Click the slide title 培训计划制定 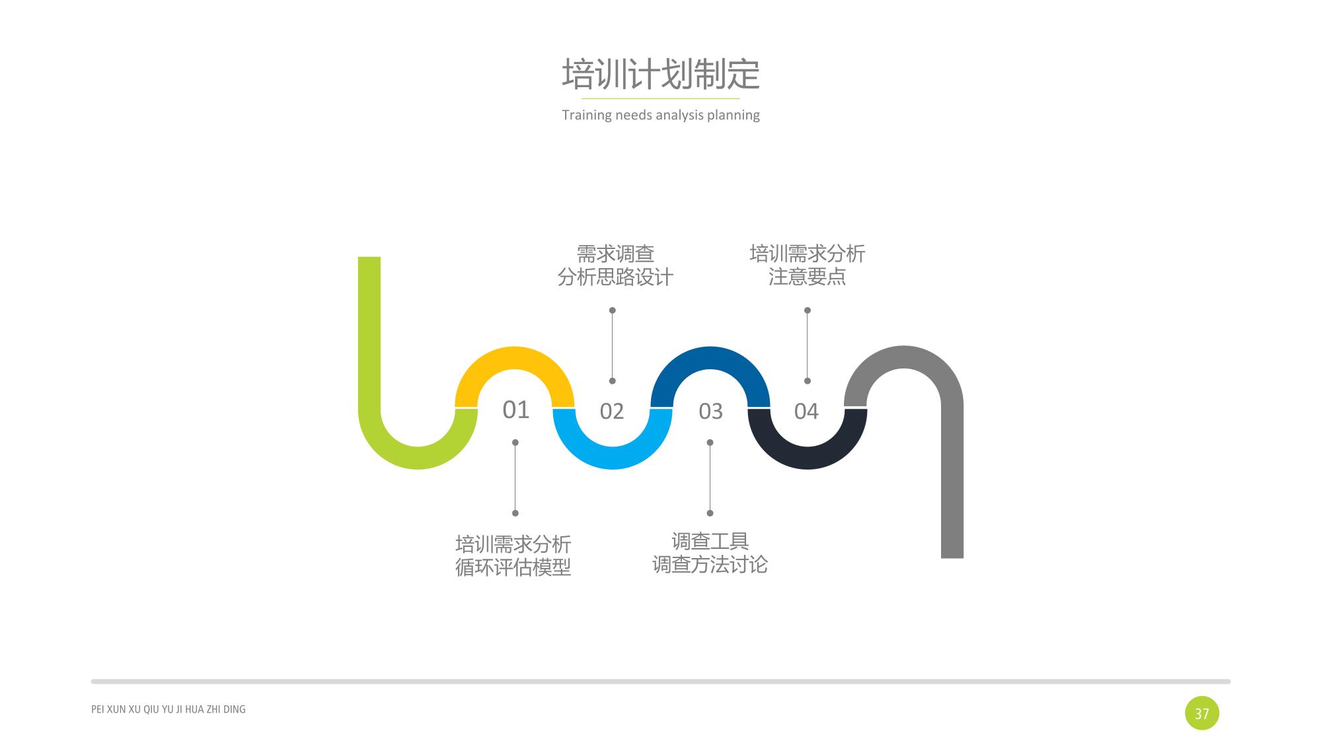pos(661,73)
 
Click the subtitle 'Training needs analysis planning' pos(661,115)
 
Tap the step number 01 pos(515,410)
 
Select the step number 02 pos(612,411)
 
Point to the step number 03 pos(710,411)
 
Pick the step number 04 pos(806,411)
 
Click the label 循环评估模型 pos(513,567)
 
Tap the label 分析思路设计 pos(615,277)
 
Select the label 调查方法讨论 pos(710,565)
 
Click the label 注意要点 pos(807,276)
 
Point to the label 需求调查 pos(615,254)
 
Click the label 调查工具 pos(710,542)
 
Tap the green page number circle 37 pos(1201,713)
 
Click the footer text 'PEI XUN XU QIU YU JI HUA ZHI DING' pos(169,709)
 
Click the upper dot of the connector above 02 pos(613,310)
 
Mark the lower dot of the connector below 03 pos(710,513)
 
